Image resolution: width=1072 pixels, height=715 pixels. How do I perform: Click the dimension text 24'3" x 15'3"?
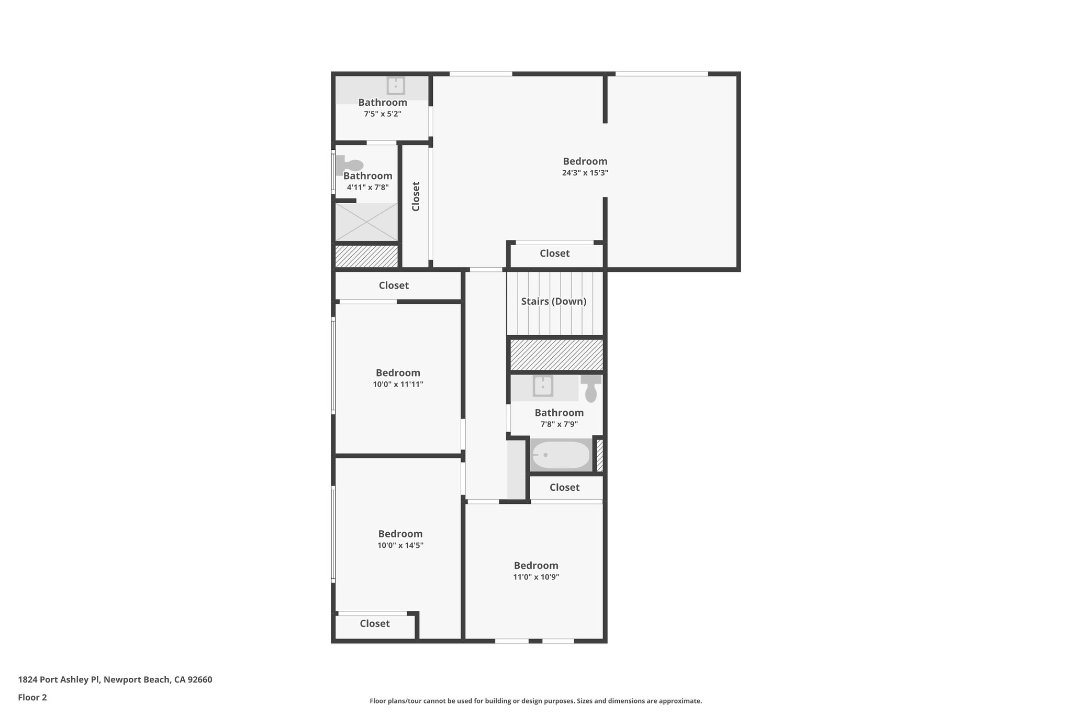tap(585, 173)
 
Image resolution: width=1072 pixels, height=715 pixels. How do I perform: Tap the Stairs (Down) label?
tap(553, 302)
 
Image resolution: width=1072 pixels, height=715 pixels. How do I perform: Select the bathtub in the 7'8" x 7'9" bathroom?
tap(561, 455)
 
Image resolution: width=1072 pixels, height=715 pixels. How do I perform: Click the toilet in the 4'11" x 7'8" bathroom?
tap(351, 164)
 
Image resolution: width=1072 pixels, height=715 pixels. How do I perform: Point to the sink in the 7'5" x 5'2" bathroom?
tap(395, 85)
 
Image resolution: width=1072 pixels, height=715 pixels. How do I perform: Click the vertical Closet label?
tap(416, 196)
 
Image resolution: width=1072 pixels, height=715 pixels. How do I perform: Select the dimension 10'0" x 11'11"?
tap(398, 384)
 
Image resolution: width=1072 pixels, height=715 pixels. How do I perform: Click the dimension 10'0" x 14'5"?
tap(400, 545)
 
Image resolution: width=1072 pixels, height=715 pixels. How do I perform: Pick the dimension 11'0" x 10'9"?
tap(536, 577)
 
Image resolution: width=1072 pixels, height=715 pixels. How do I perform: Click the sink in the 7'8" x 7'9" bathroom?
tap(543, 387)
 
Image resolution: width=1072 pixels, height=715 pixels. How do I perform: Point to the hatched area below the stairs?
tap(556, 355)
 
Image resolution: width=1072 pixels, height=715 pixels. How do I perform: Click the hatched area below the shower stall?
tap(366, 257)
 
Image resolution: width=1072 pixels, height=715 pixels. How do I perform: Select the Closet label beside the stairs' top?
tap(554, 254)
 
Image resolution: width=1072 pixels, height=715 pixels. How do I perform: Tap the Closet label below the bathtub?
tap(564, 488)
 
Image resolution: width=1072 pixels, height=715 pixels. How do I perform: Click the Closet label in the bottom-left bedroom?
tap(375, 624)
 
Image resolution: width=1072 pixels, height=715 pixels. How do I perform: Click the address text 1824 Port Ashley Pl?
tap(59, 680)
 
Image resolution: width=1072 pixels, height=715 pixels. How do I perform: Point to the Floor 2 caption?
tap(32, 698)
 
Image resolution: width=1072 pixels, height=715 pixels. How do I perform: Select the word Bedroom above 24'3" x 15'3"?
tap(585, 161)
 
